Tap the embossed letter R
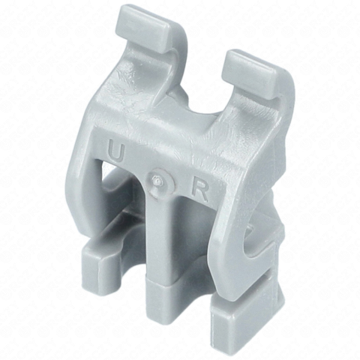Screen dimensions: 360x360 [199, 191]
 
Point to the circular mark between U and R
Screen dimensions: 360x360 [160, 181]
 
